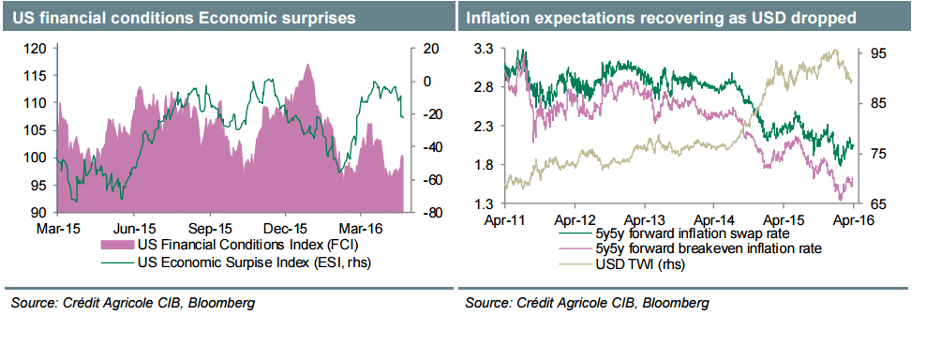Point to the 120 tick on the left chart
[x=36, y=48]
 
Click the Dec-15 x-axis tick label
[x=287, y=228]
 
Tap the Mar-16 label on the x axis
[x=363, y=228]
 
